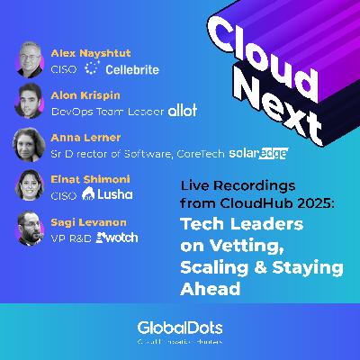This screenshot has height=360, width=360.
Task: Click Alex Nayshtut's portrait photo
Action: click(x=30, y=58)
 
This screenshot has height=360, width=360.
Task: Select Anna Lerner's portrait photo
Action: click(x=30, y=144)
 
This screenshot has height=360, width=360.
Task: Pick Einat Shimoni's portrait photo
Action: click(x=30, y=186)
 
